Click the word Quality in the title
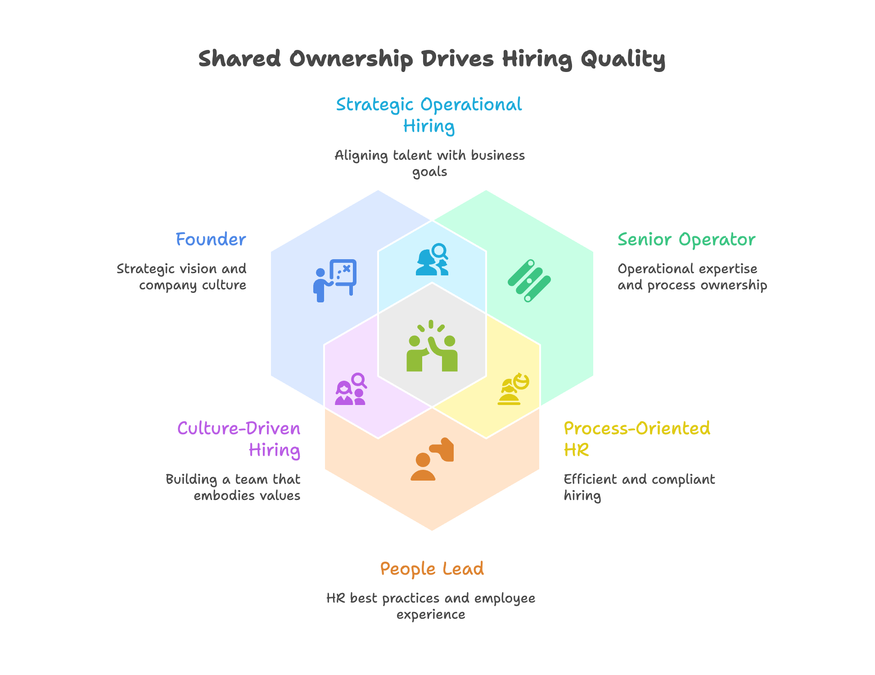[622, 59]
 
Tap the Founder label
[211, 239]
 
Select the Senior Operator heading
[686, 239]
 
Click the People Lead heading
[432, 569]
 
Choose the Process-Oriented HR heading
[636, 439]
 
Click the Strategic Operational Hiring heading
[429, 115]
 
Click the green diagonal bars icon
[529, 280]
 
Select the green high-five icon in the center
[432, 346]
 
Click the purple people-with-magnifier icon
[351, 389]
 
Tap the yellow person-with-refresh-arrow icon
[513, 389]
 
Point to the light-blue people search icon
[432, 259]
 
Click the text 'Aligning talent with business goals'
[429, 163]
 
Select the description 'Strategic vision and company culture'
[182, 277]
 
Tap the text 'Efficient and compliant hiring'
[639, 487]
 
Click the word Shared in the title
[239, 59]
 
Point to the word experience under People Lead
[431, 615]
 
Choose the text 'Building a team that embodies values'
[233, 487]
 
